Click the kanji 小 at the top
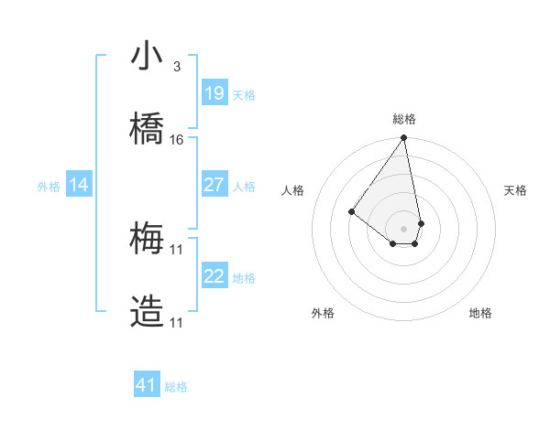147,57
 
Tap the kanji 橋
147,130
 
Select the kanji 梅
147,240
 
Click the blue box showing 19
214,93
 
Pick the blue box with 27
214,185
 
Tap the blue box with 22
214,276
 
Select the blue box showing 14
79,185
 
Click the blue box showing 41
147,385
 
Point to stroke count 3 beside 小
176,67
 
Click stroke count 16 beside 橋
177,140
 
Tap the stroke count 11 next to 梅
177,249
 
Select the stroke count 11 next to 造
177,322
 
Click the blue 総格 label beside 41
176,387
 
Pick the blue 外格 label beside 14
49,186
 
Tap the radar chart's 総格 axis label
404,119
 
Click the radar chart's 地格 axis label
480,314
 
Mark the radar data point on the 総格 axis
404,139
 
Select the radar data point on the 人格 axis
351,211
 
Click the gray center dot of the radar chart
404,228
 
